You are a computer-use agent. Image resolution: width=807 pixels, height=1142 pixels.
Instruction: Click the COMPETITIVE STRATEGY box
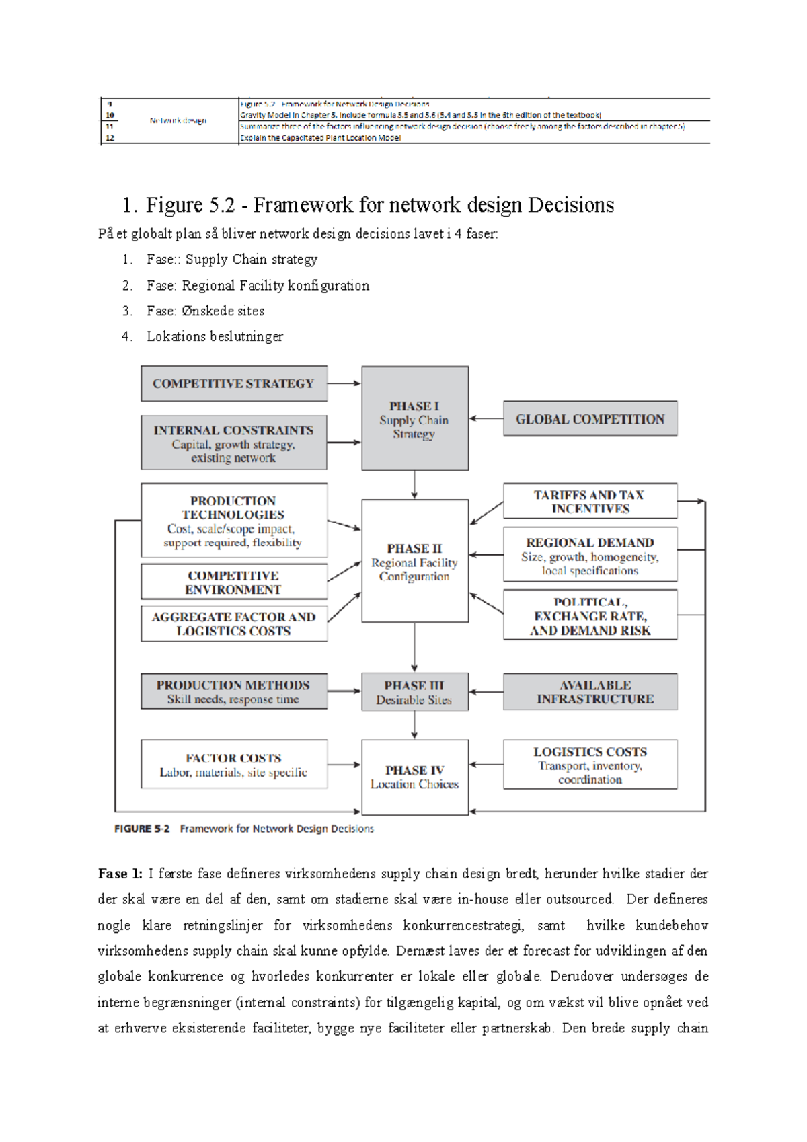tap(233, 383)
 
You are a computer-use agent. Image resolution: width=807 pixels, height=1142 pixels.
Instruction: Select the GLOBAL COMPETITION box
tap(590, 419)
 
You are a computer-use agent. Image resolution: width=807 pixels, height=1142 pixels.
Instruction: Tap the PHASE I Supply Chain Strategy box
tap(414, 418)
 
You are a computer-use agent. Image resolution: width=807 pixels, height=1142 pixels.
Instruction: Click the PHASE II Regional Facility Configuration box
tap(414, 561)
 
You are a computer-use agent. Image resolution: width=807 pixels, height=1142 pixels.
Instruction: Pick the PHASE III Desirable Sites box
tap(414, 692)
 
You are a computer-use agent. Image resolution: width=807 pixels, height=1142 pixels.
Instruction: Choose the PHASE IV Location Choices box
tap(414, 777)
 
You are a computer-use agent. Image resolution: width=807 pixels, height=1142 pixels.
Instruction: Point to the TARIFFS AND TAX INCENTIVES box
tap(590, 501)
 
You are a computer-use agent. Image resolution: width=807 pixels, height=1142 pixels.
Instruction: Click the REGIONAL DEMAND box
tap(590, 556)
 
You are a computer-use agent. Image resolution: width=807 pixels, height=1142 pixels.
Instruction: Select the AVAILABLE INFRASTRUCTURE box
tap(590, 692)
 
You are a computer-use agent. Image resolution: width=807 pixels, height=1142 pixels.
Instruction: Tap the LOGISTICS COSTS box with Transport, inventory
tap(590, 765)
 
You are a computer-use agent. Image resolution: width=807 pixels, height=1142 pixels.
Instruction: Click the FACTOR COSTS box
tap(233, 765)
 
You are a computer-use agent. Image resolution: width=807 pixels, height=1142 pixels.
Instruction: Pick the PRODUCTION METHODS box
tap(233, 692)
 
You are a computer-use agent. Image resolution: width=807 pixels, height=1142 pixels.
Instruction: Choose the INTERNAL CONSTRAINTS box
tap(233, 443)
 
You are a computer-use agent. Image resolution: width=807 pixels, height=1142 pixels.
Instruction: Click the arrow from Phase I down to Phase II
tap(414, 484)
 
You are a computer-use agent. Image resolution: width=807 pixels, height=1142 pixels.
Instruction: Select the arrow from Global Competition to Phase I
tap(486, 418)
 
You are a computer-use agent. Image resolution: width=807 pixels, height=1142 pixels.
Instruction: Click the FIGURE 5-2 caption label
tap(142, 829)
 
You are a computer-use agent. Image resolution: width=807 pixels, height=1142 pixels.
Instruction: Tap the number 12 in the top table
tap(110, 137)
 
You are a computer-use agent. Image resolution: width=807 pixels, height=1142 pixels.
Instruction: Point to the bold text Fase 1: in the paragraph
tap(120, 874)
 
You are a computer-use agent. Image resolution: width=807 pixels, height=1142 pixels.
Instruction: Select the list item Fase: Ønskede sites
tap(205, 311)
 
